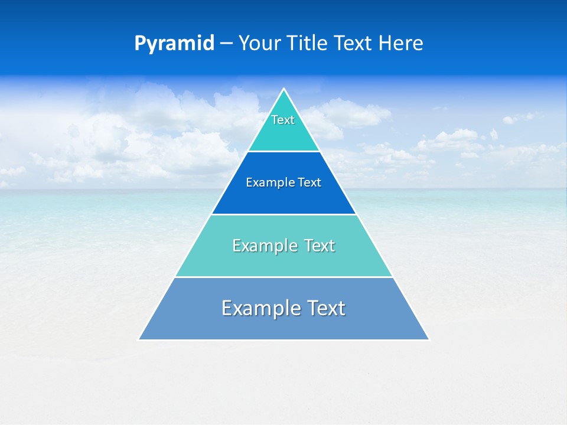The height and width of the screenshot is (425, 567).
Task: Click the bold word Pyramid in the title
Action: point(174,44)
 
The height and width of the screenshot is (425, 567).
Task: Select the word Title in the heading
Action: point(309,44)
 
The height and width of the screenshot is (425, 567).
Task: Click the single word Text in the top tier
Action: point(283,120)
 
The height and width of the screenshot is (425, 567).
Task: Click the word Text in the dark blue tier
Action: point(309,183)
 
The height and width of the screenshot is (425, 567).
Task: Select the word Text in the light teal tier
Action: point(319,246)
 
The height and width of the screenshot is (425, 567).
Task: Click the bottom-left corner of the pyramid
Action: point(139,339)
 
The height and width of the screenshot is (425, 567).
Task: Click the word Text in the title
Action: point(352,44)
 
